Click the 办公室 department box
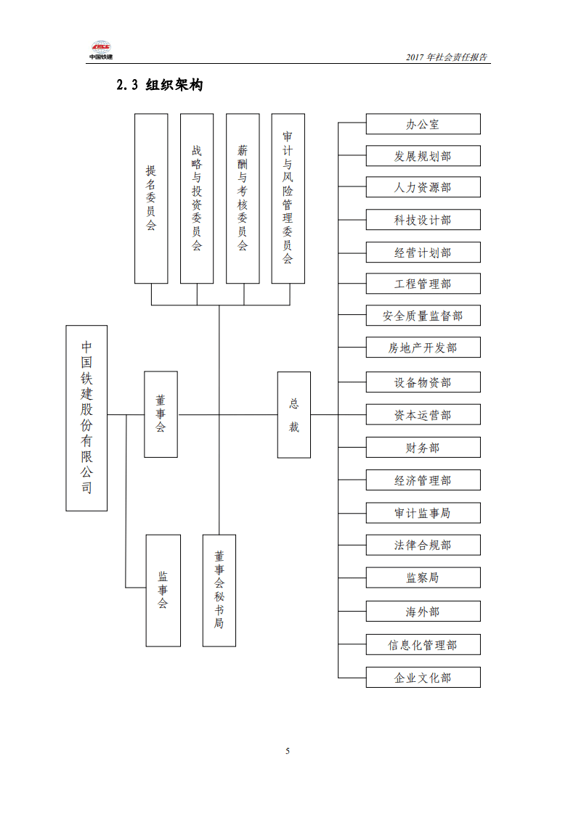pos(423,124)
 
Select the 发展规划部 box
pos(423,156)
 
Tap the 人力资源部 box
pos(423,187)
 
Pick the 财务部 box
pos(423,448)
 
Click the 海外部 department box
pos(423,612)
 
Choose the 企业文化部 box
pos(423,677)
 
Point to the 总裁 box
pos(294,415)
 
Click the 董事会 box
pos(161,414)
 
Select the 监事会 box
pos(163,591)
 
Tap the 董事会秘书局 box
pos(219,590)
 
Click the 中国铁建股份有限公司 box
pos(86,418)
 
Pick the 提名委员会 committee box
pos(151,198)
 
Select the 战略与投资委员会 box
pos(197,198)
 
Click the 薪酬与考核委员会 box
pos(243,198)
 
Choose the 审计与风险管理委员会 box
pos(288,198)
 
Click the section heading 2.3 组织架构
pos(160,85)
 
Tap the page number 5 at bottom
pos(288,751)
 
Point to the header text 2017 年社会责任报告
pos(447,57)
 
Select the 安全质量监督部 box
pos(423,316)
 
